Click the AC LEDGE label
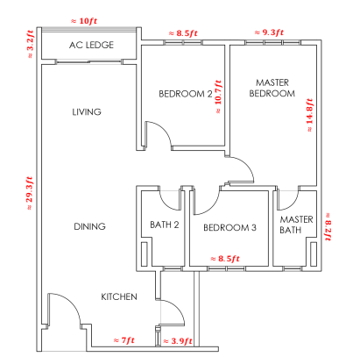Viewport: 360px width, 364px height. tap(91, 45)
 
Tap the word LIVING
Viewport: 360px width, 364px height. tap(87, 112)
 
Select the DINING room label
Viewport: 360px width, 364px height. tap(89, 226)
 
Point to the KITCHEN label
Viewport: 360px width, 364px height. tap(119, 297)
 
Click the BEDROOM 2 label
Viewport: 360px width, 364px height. tap(186, 94)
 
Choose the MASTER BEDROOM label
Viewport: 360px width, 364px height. tap(272, 88)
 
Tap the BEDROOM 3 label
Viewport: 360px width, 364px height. tap(229, 227)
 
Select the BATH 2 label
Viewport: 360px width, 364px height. tap(165, 225)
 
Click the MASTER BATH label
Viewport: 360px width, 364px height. tap(296, 225)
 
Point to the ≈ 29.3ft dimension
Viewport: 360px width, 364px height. tap(30, 193)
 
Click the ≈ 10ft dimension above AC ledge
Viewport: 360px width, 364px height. tap(84, 21)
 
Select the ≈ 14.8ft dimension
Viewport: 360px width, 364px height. tap(309, 115)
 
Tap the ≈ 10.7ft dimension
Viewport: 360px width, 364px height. tap(218, 96)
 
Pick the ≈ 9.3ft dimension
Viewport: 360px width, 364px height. tap(269, 32)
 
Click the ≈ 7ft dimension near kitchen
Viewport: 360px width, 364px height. tap(124, 340)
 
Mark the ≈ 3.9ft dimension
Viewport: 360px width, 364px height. tap(178, 341)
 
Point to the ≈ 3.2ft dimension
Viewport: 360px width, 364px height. tap(31, 44)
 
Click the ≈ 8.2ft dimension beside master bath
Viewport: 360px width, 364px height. tap(328, 226)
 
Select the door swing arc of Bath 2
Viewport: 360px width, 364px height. tap(167, 204)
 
